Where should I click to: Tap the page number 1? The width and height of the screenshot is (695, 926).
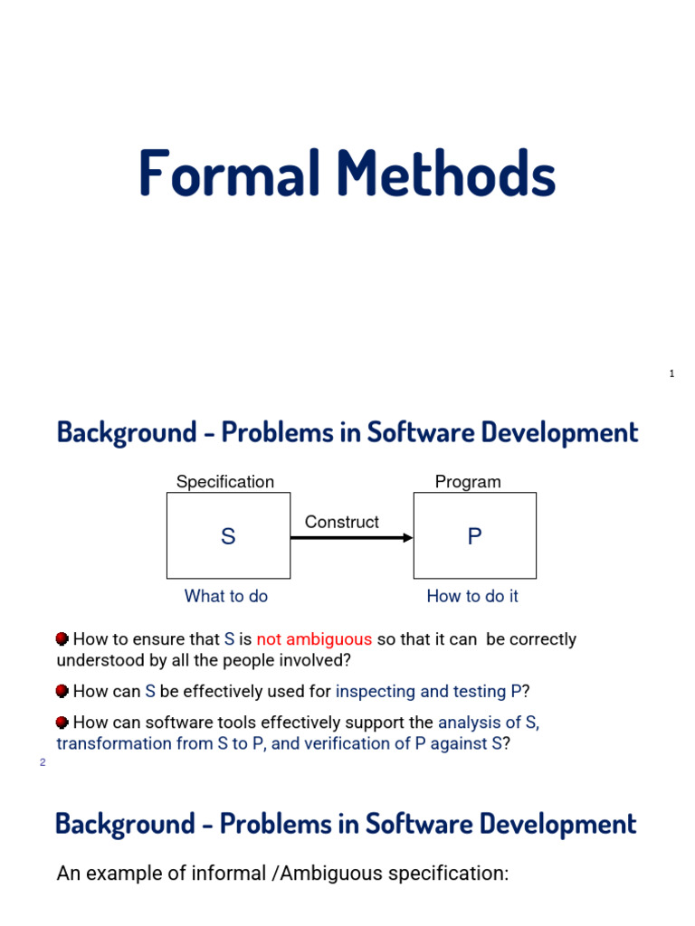pyautogui.click(x=671, y=373)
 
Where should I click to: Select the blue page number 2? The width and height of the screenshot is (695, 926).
pyautogui.click(x=42, y=762)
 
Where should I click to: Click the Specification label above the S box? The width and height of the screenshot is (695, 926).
pyautogui.click(x=224, y=482)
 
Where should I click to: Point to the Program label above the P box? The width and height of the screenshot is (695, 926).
pyautogui.click(x=468, y=482)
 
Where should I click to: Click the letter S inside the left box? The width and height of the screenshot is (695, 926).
pyautogui.click(x=228, y=537)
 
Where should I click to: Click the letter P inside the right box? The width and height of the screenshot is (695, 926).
pyautogui.click(x=474, y=537)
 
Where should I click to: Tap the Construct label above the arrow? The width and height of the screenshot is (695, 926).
pyautogui.click(x=341, y=522)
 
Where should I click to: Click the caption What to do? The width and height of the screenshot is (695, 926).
pyautogui.click(x=226, y=596)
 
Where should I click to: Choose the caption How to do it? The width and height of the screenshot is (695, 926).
pyautogui.click(x=472, y=596)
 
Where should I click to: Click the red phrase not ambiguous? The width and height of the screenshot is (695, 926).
pyautogui.click(x=314, y=639)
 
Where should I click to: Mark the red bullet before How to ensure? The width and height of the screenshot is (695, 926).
pyautogui.click(x=62, y=639)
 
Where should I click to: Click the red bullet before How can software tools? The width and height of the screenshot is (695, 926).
pyautogui.click(x=62, y=723)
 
